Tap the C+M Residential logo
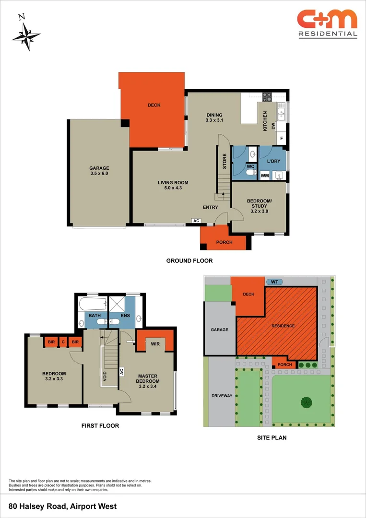[327, 23]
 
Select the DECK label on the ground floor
[154, 105]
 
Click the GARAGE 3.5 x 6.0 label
[99, 171]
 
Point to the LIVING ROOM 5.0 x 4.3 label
[173, 185]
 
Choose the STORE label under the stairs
[224, 161]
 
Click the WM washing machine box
[265, 176]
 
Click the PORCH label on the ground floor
[224, 242]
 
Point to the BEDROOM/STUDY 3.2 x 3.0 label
[260, 205]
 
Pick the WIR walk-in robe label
[155, 344]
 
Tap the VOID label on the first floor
[105, 376]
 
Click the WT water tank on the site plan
[274, 282]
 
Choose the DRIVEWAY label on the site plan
[222, 396]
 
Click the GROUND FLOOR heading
[189, 261]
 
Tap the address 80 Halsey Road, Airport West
[63, 506]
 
